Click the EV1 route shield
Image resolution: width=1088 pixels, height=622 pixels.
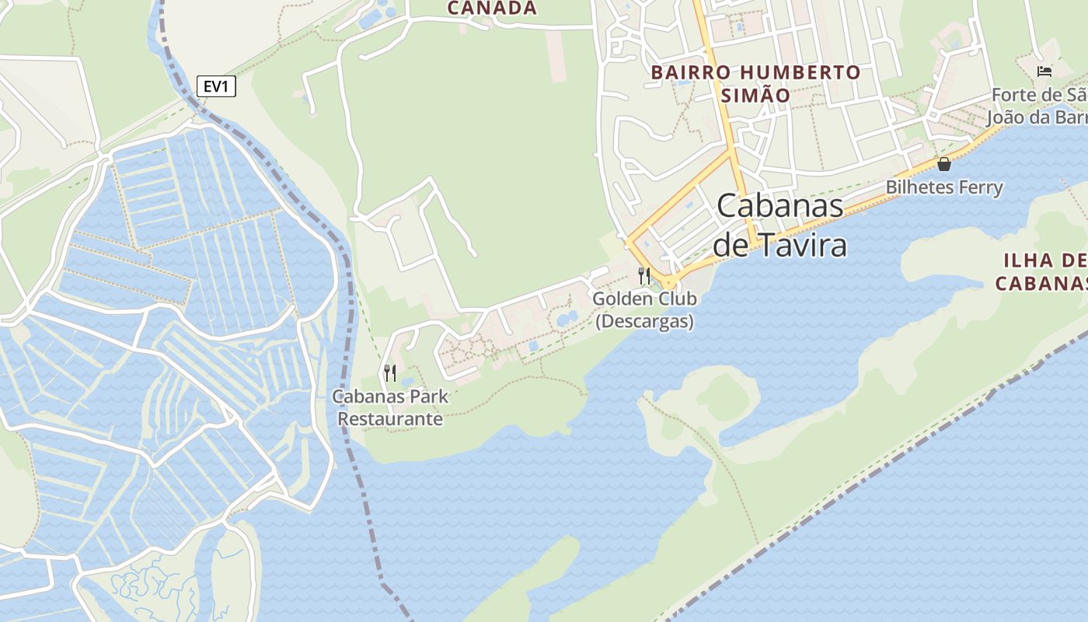[x=216, y=86]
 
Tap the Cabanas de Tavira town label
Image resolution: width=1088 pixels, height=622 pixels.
[x=780, y=225]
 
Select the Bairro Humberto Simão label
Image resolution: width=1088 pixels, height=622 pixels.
[x=755, y=84]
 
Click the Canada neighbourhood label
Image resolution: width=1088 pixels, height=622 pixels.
[x=493, y=9]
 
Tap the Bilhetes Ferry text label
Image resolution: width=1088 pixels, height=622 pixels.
[x=944, y=187]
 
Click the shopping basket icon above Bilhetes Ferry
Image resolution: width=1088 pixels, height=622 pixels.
[x=944, y=164]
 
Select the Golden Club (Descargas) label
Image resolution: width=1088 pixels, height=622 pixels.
[x=644, y=309]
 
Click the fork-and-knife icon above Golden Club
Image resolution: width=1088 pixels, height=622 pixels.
[x=644, y=275]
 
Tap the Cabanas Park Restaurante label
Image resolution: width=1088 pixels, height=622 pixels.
[x=390, y=407]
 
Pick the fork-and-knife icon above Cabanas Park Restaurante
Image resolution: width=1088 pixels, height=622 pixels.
[x=390, y=373]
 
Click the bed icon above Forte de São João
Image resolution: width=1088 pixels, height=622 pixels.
[x=1044, y=72]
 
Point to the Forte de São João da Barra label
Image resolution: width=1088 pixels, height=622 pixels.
[x=1037, y=107]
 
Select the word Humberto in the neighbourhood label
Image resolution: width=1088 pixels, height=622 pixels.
[x=800, y=72]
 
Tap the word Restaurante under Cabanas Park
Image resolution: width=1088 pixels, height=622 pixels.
[x=390, y=419]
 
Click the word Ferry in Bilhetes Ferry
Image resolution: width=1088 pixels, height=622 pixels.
[x=981, y=187]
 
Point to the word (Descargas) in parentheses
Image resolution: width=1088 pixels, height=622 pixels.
[x=644, y=321]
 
